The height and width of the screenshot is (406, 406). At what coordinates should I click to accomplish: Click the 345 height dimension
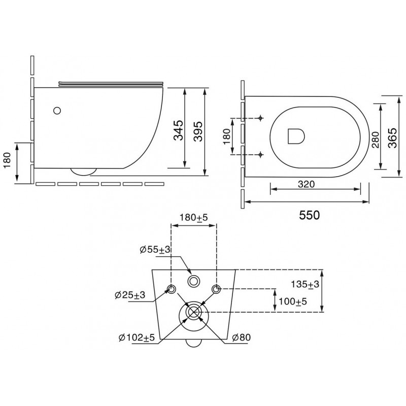178,130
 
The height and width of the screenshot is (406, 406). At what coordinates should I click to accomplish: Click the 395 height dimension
198,131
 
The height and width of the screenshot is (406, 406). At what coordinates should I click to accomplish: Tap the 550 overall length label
310,215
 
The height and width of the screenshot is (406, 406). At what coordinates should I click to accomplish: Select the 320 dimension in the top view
307,184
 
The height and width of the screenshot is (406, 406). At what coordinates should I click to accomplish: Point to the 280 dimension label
376,140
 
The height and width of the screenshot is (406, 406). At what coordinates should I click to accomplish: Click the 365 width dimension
392,138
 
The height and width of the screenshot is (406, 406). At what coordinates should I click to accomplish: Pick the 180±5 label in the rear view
194,218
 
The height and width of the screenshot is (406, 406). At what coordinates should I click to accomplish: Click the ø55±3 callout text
155,250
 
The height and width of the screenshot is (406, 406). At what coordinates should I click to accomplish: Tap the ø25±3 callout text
130,295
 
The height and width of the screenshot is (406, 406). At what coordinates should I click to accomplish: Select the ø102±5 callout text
137,337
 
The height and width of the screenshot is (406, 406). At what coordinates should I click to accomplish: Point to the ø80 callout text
242,337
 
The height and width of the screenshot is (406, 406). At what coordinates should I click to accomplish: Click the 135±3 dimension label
305,284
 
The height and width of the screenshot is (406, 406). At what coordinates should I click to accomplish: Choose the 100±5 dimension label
293,301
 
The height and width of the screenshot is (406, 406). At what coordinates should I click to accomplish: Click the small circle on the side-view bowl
57,111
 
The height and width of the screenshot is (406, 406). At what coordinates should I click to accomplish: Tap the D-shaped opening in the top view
296,136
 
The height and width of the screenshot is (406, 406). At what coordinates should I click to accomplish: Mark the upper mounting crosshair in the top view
260,118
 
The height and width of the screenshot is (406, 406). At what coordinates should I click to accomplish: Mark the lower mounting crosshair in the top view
260,155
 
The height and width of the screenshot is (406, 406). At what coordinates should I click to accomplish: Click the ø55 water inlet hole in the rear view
193,281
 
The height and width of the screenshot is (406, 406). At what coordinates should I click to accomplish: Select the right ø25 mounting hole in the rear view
216,289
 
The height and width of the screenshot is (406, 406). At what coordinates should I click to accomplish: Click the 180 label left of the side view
7,160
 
